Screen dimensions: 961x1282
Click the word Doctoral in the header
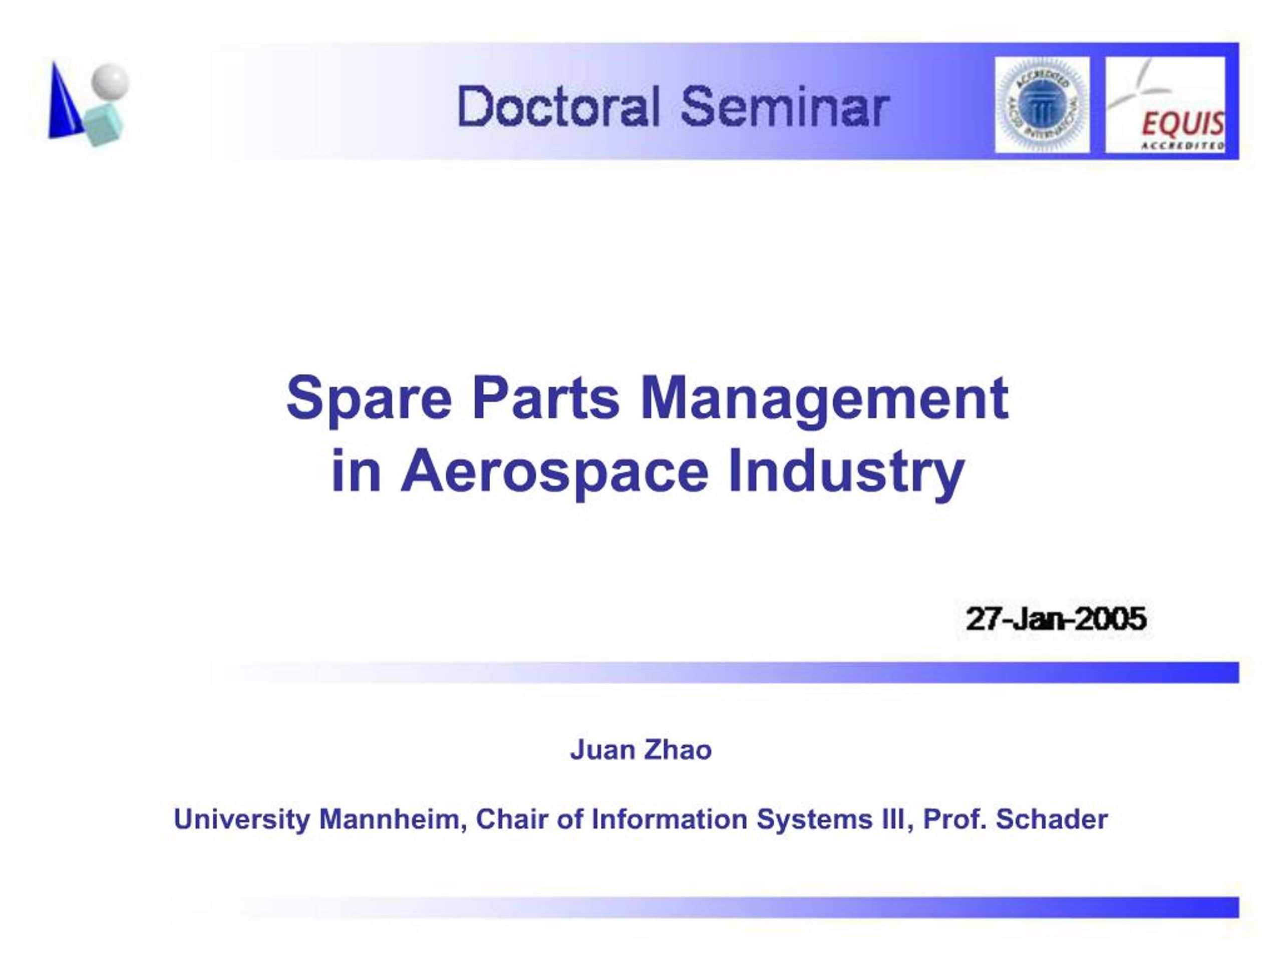tap(559, 106)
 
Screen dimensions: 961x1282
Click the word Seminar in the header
tap(785, 106)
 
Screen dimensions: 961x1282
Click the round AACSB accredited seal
tap(1042, 105)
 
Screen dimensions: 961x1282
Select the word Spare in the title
tap(369, 399)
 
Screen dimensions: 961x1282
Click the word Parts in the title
tap(546, 398)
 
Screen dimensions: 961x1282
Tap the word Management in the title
tap(824, 399)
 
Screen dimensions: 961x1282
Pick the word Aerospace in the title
tap(555, 471)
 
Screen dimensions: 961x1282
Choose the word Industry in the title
tap(846, 471)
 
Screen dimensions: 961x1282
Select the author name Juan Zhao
tap(640, 750)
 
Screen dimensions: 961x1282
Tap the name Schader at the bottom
tap(1051, 819)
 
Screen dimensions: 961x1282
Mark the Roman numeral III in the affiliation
tap(892, 819)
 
